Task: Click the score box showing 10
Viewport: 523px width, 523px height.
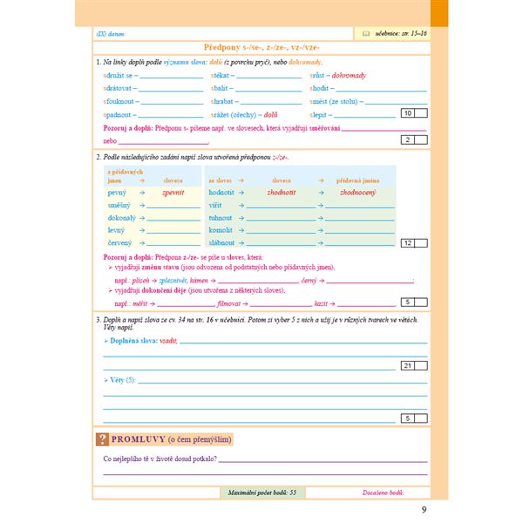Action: [407, 113]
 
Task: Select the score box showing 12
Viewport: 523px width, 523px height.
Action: [408, 242]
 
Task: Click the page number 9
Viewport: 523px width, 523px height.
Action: [424, 510]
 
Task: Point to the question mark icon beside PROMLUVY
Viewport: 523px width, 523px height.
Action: [102, 438]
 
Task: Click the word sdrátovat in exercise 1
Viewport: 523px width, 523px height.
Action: [118, 88]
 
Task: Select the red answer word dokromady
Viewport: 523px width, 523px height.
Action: [348, 76]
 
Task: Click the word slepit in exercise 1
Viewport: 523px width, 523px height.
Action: [319, 113]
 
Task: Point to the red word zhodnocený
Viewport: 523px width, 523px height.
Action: [358, 191]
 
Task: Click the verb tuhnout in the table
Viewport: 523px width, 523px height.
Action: [221, 216]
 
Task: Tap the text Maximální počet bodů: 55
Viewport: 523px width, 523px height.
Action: [260, 492]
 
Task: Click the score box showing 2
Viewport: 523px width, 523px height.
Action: [407, 139]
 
